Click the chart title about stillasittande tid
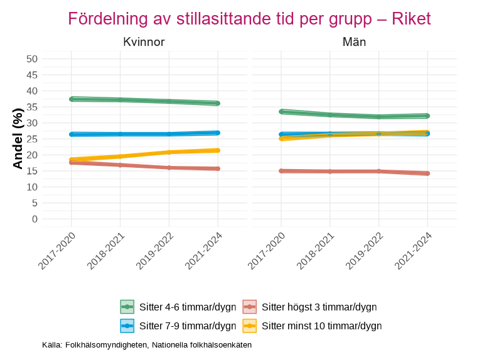249,19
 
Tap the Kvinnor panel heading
144,42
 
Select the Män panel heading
354,42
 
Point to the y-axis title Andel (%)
18,138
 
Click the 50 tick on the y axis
32,59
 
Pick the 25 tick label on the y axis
32,139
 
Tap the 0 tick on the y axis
35,219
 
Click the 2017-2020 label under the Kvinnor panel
58,250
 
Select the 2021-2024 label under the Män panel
415,250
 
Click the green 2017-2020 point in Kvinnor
72,99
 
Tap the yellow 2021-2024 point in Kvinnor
218,150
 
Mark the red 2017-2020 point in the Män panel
281,171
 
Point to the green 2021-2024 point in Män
427,116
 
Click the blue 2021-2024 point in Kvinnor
218,133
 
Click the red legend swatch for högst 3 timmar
250,307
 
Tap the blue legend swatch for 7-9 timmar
127,326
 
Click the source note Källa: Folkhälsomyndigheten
147,345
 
